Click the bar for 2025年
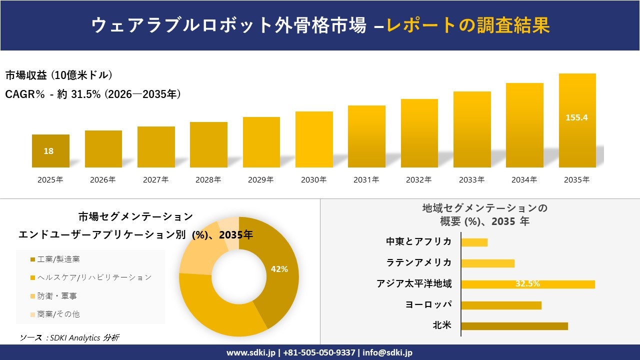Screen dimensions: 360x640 [x=50, y=151]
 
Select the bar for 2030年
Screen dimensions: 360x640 [x=314, y=139]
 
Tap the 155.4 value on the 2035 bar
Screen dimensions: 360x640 [x=576, y=118]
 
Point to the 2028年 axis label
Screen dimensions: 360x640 [x=208, y=180]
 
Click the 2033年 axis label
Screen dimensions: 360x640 [x=471, y=180]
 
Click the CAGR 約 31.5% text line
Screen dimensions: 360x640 [x=93, y=94]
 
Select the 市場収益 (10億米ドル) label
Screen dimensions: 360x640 [x=59, y=75]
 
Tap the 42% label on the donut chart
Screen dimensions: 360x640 [x=279, y=269]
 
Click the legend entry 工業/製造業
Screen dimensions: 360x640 [x=58, y=259]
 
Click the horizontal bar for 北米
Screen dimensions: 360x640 [x=514, y=326]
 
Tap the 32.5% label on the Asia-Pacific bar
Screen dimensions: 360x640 [x=527, y=284]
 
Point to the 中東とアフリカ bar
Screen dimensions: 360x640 [x=474, y=242]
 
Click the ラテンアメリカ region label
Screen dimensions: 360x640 [x=418, y=262]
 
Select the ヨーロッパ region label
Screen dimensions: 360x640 [x=428, y=304]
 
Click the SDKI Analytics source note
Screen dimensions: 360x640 [x=69, y=338]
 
